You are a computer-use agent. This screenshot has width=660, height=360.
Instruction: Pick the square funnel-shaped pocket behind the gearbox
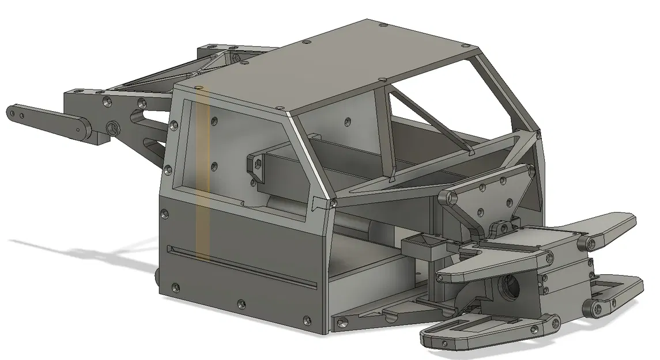[425, 247]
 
